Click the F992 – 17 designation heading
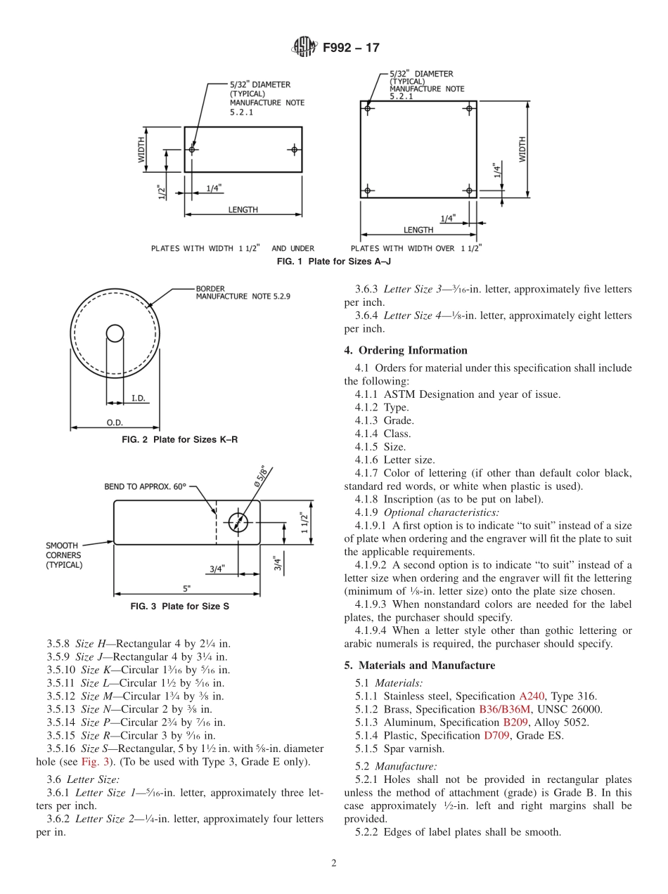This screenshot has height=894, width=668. coord(351,48)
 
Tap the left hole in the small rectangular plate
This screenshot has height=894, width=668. coord(192,149)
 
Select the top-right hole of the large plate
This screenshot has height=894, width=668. coord(469,109)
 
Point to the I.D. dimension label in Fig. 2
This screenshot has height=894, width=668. coord(138,399)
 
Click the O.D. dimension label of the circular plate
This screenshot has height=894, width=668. coord(115,422)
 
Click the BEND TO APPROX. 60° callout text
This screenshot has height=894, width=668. coord(146,486)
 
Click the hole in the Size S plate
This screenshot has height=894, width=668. coord(238,521)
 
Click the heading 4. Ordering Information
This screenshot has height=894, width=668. coord(406,350)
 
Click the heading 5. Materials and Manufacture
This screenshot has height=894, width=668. coord(419,665)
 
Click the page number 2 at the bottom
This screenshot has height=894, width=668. coord(334,864)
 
